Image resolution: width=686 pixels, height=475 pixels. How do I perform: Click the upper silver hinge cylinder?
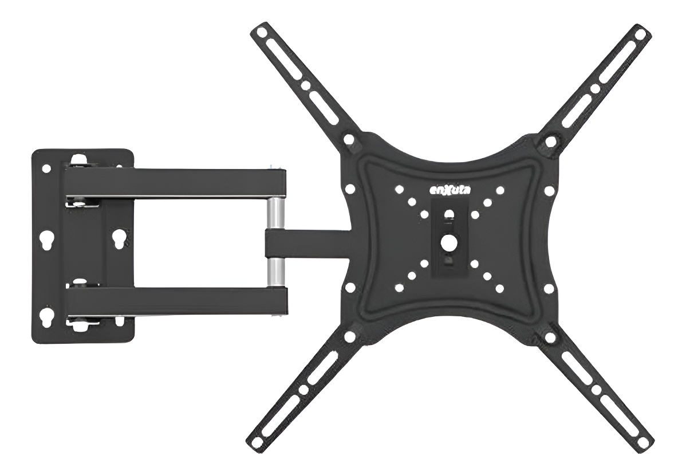[275, 213]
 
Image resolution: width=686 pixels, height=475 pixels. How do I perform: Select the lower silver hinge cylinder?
[275, 272]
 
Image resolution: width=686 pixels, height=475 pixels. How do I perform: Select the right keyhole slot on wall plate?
[118, 238]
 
